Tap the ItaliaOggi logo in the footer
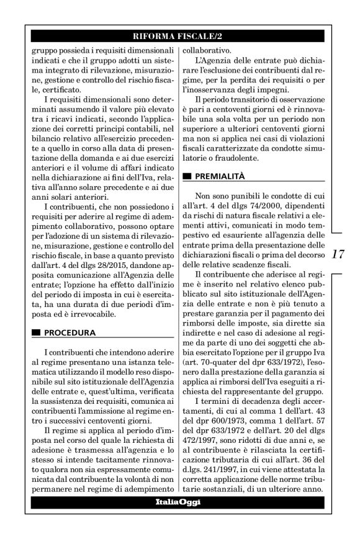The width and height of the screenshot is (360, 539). point(179,501)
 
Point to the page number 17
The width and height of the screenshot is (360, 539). point(339,254)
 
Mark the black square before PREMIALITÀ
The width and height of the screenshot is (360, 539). point(189,177)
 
